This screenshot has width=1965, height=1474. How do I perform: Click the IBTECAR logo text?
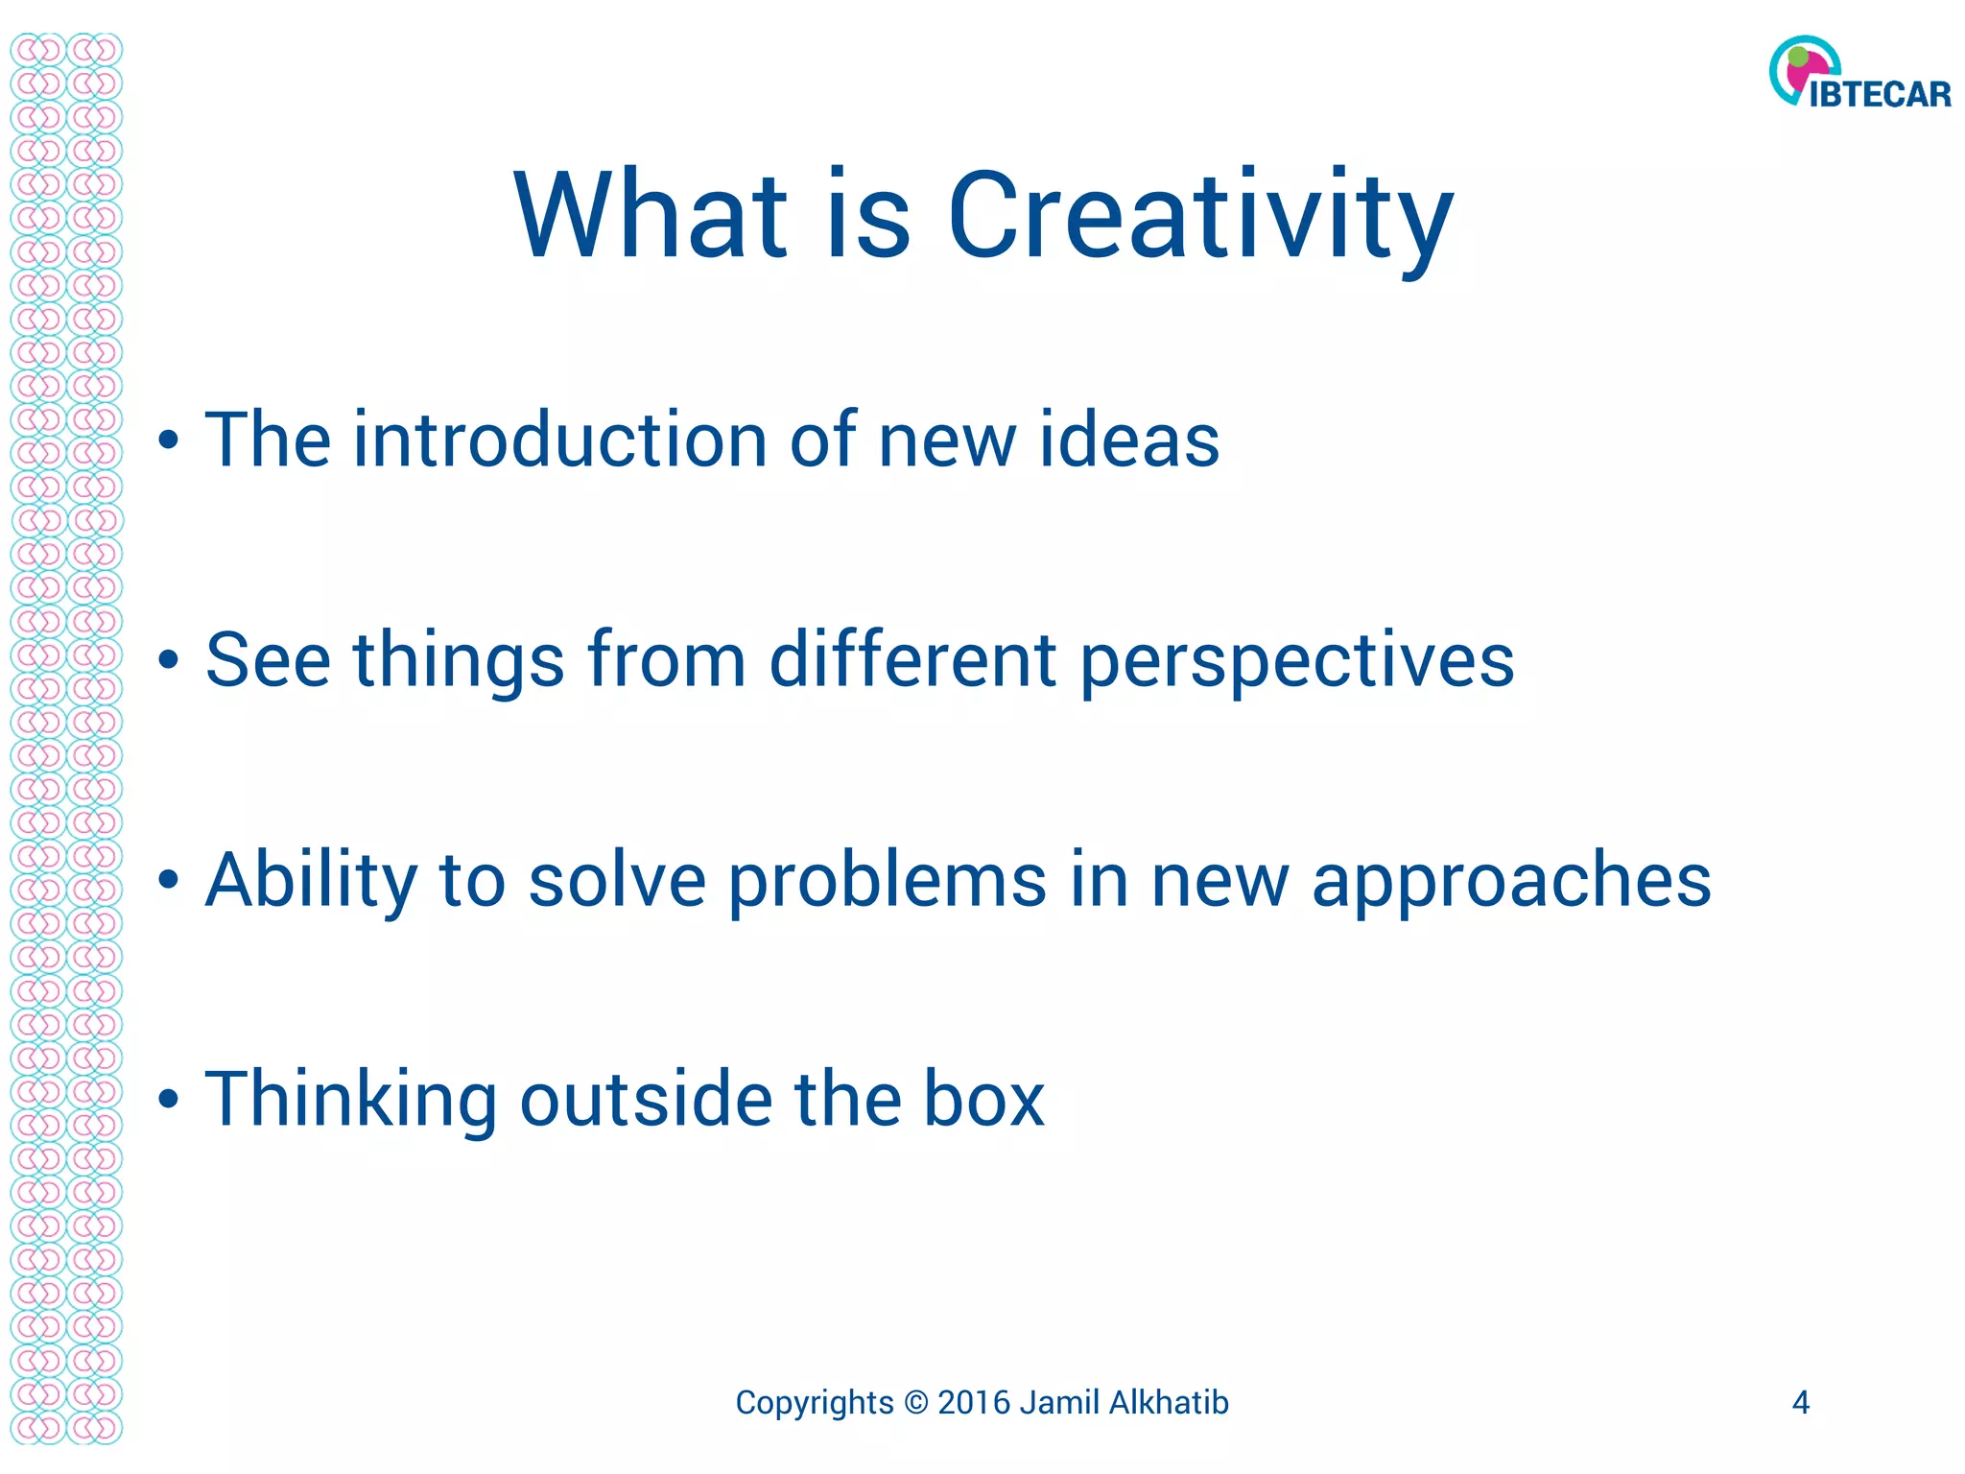[1880, 95]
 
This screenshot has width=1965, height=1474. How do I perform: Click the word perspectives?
[1296, 662]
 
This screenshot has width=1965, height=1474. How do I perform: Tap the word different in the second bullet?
[912, 660]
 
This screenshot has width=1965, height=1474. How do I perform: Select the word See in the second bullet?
[268, 660]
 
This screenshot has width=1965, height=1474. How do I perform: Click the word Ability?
[312, 881]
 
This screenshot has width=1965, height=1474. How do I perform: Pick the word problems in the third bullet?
[888, 881]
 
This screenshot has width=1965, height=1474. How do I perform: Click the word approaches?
[1511, 881]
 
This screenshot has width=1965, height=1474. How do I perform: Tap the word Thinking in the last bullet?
[350, 1101]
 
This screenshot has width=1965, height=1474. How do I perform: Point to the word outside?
[646, 1099]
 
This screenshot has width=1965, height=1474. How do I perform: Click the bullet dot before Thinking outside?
[169, 1101]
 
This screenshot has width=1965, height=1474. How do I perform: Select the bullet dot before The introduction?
[169, 441]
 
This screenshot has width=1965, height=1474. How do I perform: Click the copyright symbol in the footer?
[916, 1403]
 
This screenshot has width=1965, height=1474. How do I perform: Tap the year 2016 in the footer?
[974, 1403]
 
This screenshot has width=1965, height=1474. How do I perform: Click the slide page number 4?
[1800, 1403]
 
